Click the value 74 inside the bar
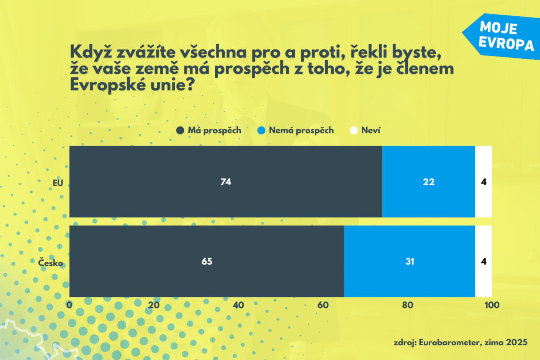(x=226, y=182)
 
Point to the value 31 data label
(x=409, y=262)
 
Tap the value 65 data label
(x=207, y=262)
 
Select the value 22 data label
(x=429, y=182)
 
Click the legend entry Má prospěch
(x=209, y=130)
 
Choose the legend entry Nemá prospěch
(x=296, y=130)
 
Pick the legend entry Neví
(x=365, y=130)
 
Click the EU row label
(x=57, y=183)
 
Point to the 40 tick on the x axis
(x=239, y=305)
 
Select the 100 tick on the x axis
(x=491, y=305)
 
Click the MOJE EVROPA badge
(x=502, y=36)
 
